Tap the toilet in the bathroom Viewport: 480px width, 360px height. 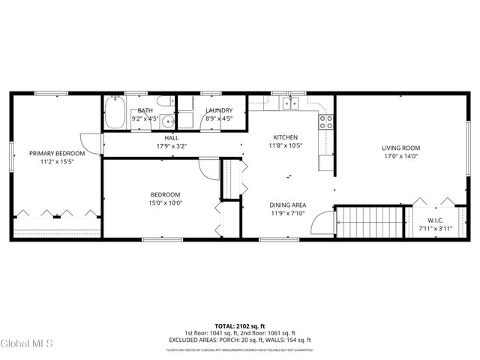[166, 103]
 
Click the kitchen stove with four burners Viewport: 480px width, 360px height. [326, 121]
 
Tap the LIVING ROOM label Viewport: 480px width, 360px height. [400, 148]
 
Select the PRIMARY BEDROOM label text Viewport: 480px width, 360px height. [57, 153]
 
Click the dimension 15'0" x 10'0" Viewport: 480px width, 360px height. [166, 202]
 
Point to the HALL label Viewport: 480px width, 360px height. [172, 138]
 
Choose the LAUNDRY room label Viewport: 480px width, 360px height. [219, 110]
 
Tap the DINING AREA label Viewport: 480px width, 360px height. [288, 205]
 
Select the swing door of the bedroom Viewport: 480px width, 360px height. [206, 169]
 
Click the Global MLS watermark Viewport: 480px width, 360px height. [27, 343]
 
